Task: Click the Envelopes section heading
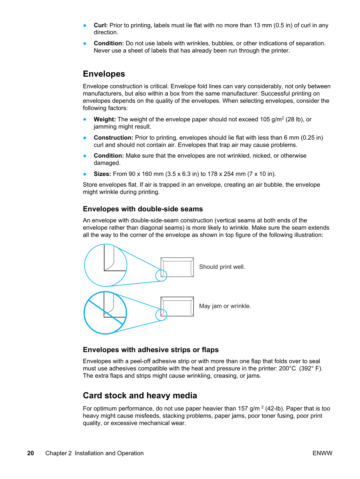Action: pos(104,74)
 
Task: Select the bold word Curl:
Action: pos(100,26)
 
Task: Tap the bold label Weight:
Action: pos(105,119)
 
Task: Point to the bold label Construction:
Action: pos(113,138)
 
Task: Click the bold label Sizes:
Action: pos(102,174)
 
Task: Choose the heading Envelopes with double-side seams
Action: pos(143,209)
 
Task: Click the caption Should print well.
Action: pos(222,267)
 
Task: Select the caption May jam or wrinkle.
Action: pos(225,306)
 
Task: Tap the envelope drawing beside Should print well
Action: pos(177,267)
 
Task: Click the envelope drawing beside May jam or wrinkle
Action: pos(177,306)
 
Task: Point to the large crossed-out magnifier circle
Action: pos(105,313)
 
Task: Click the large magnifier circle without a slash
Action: pos(106,265)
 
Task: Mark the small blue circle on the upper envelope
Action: pos(161,275)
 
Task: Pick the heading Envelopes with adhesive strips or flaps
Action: pos(151,350)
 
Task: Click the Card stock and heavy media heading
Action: pos(140,396)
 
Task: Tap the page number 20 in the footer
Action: pos(30,453)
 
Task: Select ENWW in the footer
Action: pos(322,453)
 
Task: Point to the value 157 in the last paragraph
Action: pos(243,408)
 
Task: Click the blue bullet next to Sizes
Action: pos(85,174)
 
